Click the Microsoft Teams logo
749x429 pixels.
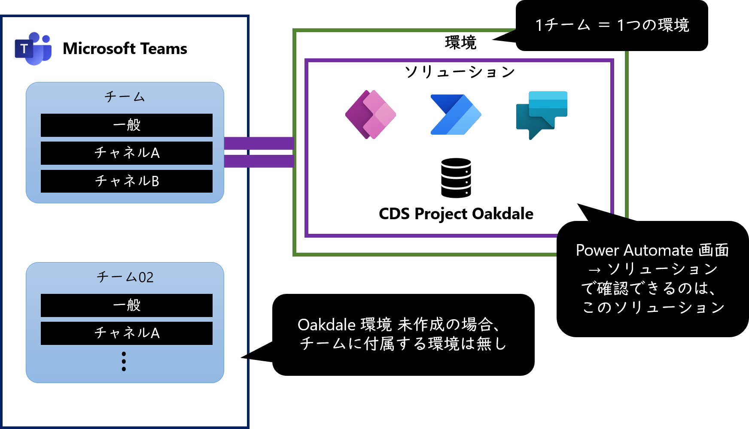[33, 48]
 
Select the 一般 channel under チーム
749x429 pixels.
[127, 125]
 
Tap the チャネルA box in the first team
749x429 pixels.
[127, 153]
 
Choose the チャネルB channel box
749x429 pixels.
[127, 181]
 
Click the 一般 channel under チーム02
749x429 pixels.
[127, 305]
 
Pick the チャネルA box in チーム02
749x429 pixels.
[127, 333]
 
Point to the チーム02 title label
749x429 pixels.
[125, 277]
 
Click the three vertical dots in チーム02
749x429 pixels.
[124, 361]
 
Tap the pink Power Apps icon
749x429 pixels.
[371, 115]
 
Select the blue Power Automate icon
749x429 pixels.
[456, 115]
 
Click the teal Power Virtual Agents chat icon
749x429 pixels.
[541, 115]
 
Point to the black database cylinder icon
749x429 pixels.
[456, 178]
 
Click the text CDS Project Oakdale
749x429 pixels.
[456, 214]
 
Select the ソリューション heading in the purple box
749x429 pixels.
[460, 72]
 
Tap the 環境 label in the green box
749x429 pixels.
[460, 43]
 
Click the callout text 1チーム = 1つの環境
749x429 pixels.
[612, 25]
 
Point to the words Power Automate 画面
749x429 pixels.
[652, 250]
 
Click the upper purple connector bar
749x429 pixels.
[259, 143]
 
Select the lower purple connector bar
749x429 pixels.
[259, 161]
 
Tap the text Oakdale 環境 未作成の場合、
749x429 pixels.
[399, 325]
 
